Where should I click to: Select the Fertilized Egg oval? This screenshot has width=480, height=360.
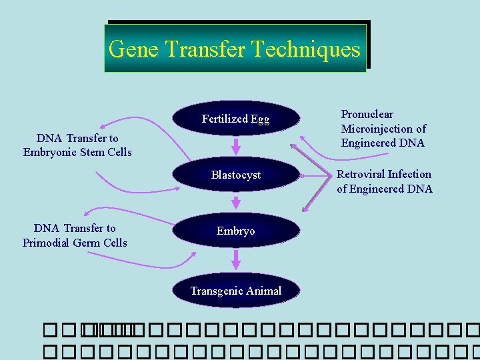[x=235, y=119]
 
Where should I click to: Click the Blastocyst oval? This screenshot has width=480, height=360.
[x=235, y=175]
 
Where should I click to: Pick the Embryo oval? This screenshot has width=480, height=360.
[x=235, y=231]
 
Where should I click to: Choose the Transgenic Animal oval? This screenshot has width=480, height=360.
[x=235, y=291]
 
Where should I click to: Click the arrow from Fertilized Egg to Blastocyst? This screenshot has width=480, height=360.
[x=235, y=146]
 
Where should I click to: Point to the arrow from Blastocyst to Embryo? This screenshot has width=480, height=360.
[x=235, y=202]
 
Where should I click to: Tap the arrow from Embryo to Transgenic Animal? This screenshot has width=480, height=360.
[x=235, y=259]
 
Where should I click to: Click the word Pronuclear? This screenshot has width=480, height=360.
[x=367, y=115]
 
